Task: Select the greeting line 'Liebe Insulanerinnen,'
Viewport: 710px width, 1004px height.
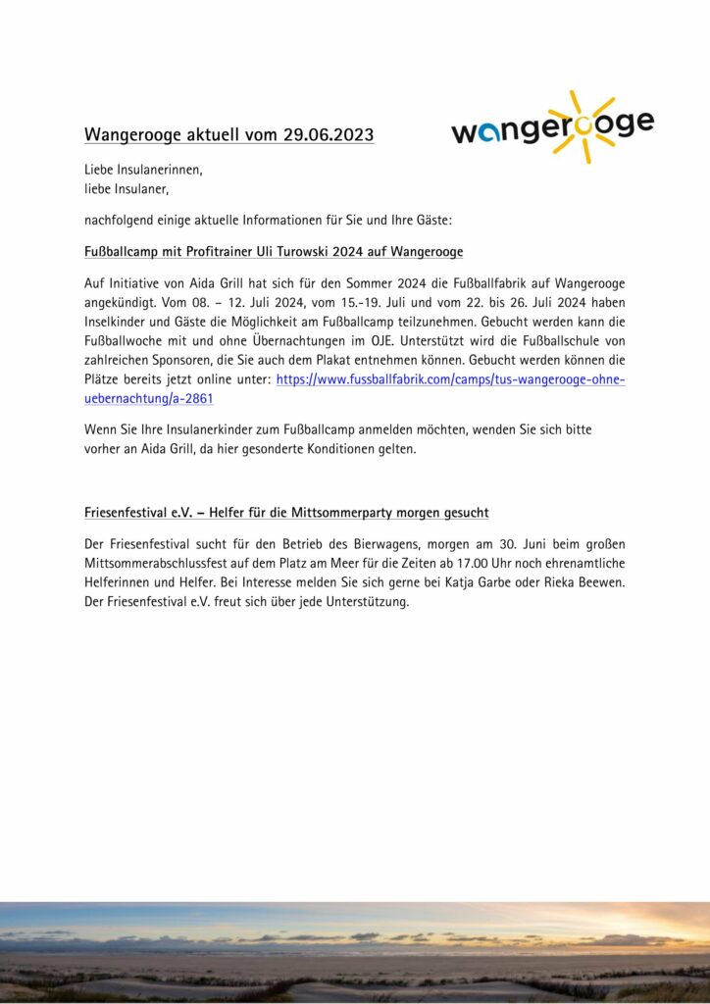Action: click(143, 170)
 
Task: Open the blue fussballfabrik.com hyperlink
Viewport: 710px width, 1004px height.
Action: click(450, 379)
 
